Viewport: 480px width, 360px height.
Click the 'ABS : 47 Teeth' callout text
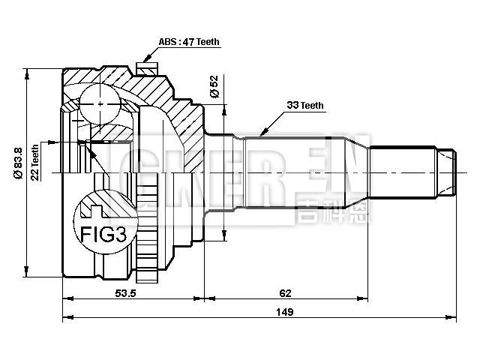(x=189, y=42)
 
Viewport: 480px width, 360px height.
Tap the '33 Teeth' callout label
(x=305, y=106)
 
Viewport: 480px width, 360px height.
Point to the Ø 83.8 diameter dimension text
(x=16, y=162)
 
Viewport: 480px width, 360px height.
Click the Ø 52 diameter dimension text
(x=214, y=88)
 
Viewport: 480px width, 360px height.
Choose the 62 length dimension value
(x=284, y=292)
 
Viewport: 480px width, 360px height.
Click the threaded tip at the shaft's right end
(x=448, y=172)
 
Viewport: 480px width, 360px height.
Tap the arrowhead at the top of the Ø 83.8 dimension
(x=28, y=73)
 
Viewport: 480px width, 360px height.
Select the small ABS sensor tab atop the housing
(x=149, y=69)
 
